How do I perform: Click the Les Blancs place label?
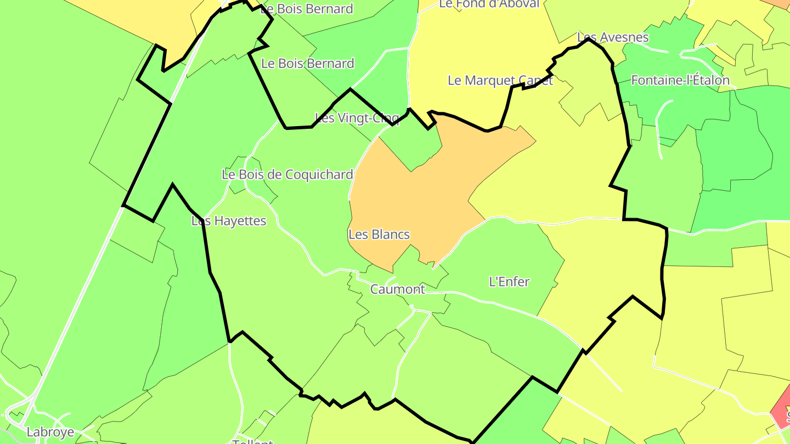point(379,235)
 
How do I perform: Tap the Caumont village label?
point(398,289)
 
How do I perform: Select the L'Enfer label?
point(509,282)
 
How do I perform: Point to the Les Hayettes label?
point(229,221)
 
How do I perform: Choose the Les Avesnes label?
point(613,37)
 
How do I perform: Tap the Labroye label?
point(50,432)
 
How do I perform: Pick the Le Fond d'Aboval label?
point(489,4)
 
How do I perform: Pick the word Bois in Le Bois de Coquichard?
point(253,175)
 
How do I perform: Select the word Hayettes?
point(239,221)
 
